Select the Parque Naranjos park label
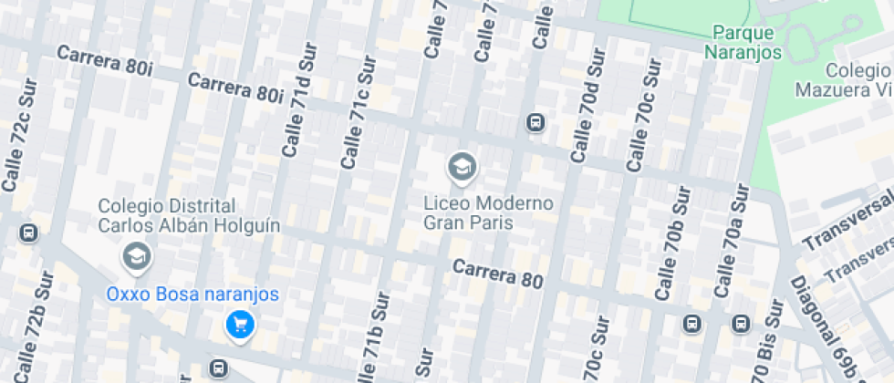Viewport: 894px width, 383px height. pyautogui.click(x=743, y=42)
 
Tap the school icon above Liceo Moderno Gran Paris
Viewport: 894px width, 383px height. pyautogui.click(x=462, y=167)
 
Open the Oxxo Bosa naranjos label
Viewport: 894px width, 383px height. pyautogui.click(x=192, y=295)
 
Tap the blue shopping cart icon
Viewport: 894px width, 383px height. pyautogui.click(x=239, y=324)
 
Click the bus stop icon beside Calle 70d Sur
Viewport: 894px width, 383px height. pyautogui.click(x=535, y=122)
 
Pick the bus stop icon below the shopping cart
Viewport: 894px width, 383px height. pyautogui.click(x=218, y=368)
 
